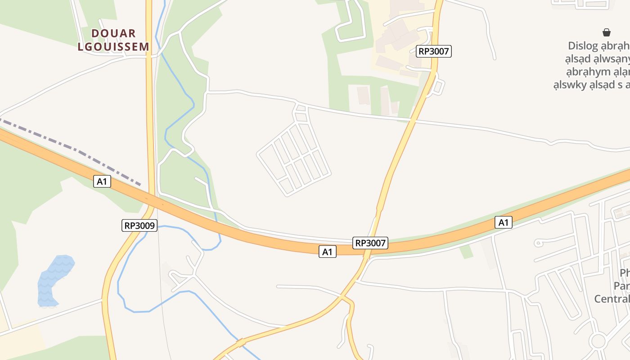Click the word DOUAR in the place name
point(113,33)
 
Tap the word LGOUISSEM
point(113,46)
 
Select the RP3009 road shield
point(139,225)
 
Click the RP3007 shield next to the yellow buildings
point(434,51)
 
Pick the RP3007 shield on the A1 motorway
point(370,243)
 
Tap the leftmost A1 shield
point(102,181)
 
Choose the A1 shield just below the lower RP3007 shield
point(328,252)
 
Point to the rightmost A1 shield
point(504,222)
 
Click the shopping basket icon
point(607,32)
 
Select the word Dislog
point(583,46)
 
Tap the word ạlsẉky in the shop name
point(570,85)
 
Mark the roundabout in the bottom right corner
point(598,341)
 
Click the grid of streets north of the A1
point(295,157)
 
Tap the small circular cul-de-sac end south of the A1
point(538,243)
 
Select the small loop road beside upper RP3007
point(437,87)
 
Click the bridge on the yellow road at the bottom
point(241,343)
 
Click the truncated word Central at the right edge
point(612,299)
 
